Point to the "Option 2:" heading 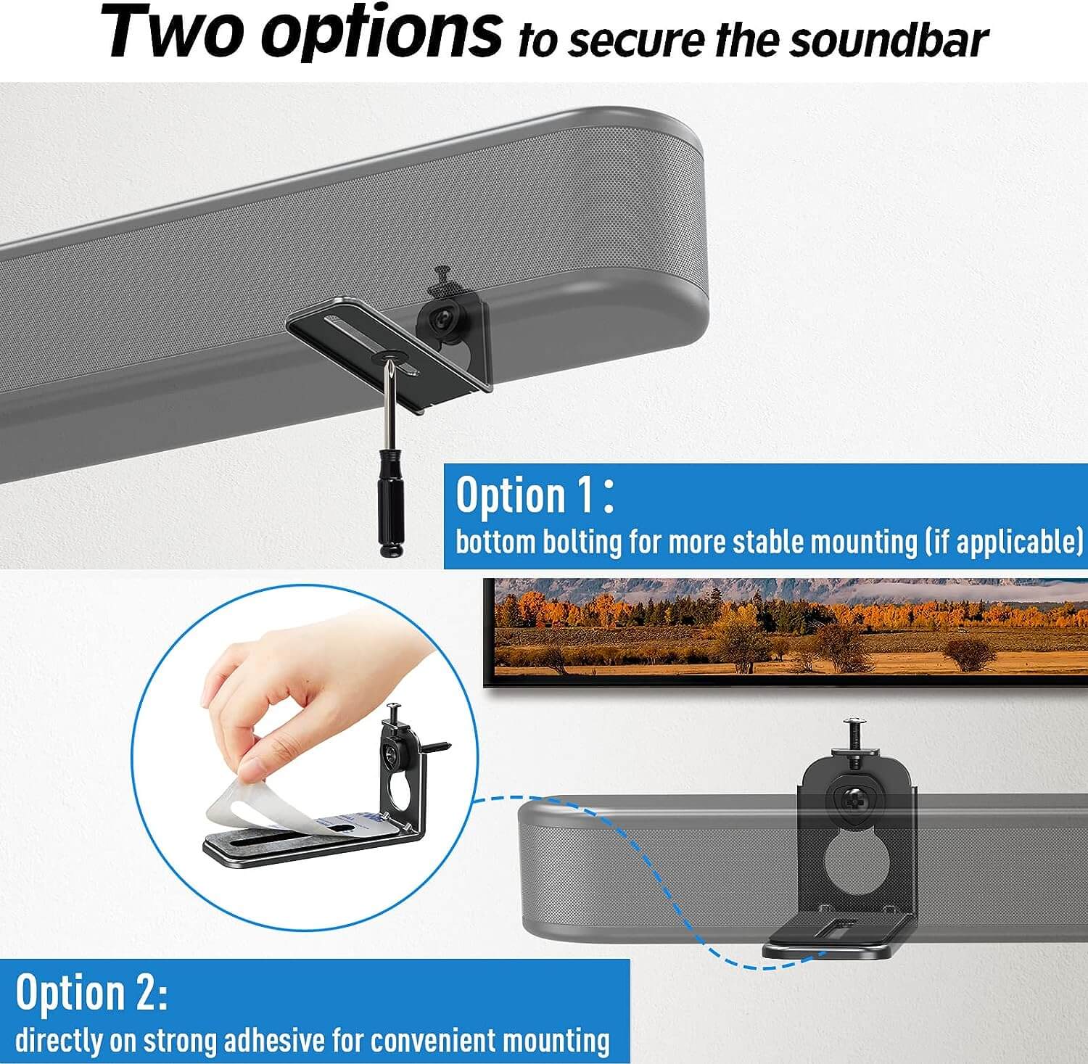coord(91,991)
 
